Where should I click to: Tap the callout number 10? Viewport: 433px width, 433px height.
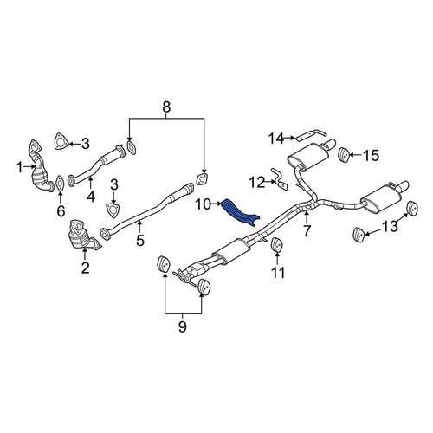tap(204, 204)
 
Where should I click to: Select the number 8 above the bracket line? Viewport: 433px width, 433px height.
tap(166, 107)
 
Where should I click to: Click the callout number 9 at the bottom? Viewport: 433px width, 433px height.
tap(183, 326)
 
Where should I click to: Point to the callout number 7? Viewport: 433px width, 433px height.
tap(307, 230)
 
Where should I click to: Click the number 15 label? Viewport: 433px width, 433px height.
tap(371, 156)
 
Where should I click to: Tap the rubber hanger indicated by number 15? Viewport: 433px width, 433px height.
tap(344, 155)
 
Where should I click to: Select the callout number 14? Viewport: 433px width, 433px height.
tap(276, 139)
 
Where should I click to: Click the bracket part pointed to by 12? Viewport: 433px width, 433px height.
tap(280, 178)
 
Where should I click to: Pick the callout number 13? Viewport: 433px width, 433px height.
tap(390, 226)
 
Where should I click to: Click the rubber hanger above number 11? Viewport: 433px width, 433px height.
tap(276, 245)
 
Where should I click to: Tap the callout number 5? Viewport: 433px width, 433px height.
tap(140, 240)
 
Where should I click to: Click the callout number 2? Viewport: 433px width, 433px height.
tap(86, 268)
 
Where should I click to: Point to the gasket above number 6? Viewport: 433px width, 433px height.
tap(60, 184)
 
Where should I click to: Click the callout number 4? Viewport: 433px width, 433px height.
tap(91, 197)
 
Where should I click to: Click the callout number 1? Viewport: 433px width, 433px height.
tap(20, 167)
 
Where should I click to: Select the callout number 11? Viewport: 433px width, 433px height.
tap(278, 272)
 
